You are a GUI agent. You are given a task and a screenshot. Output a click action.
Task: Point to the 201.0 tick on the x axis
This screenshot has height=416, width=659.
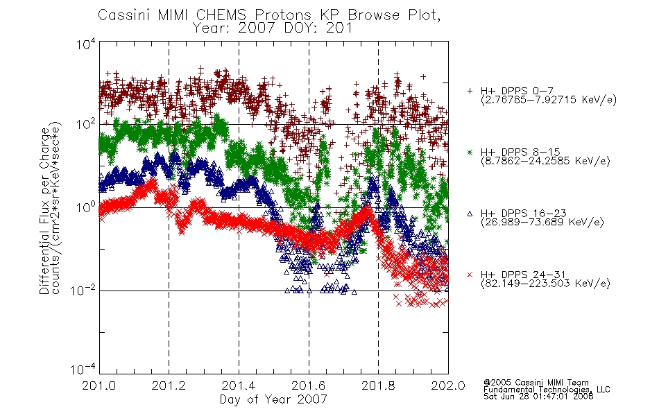99,385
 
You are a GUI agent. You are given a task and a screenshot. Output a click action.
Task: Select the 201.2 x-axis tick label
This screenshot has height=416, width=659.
169,385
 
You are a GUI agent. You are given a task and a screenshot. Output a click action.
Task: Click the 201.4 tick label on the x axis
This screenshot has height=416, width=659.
239,385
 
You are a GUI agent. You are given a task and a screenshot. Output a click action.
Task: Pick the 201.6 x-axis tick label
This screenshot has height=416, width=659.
309,385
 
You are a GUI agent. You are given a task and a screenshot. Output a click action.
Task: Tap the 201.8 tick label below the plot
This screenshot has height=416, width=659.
378,385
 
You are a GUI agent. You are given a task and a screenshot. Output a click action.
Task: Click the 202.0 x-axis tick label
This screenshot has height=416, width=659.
448,385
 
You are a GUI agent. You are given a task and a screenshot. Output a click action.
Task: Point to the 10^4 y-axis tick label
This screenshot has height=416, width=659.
86,44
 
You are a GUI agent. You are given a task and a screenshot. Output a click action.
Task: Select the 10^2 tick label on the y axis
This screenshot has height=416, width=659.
86,125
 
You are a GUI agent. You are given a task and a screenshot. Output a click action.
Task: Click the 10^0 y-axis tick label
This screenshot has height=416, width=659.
86,207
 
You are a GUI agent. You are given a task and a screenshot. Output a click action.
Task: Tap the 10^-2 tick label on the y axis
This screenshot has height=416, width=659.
83,290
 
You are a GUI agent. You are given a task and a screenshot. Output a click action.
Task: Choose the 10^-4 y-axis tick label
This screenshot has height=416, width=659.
83,369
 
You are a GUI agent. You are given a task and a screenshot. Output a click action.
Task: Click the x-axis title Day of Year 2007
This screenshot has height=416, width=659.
273,399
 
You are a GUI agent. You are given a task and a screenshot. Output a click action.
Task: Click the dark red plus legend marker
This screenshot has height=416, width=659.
470,91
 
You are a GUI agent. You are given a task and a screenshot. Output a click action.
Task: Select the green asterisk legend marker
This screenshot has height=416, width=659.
470,152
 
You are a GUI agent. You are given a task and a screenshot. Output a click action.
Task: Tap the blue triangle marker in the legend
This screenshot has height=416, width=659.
470,214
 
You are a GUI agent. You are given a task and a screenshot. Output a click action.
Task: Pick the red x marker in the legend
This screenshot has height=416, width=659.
470,275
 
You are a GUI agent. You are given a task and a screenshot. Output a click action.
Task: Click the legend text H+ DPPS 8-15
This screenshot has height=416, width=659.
520,152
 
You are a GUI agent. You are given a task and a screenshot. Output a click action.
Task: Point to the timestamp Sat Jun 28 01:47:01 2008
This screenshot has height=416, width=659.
538,397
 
